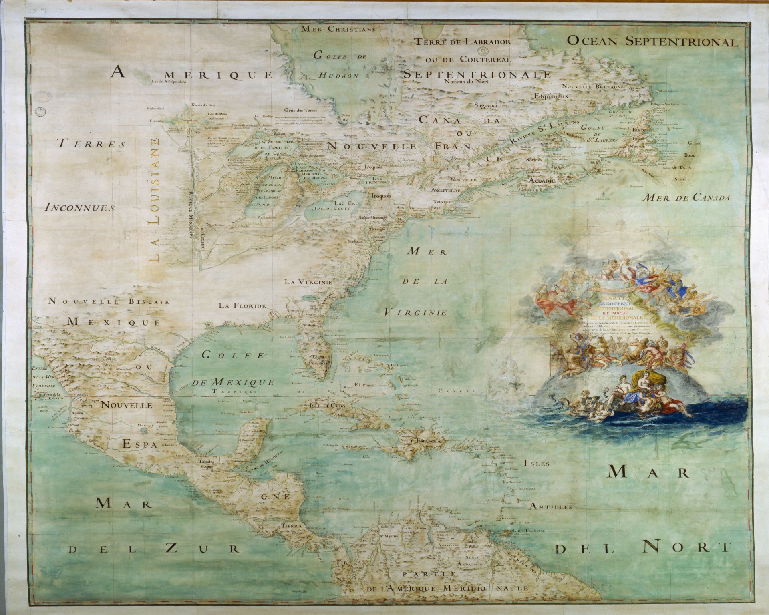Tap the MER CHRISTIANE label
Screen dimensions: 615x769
(338, 29)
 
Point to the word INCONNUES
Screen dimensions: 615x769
(80, 208)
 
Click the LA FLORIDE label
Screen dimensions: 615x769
(242, 306)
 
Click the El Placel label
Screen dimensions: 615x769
(363, 385)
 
